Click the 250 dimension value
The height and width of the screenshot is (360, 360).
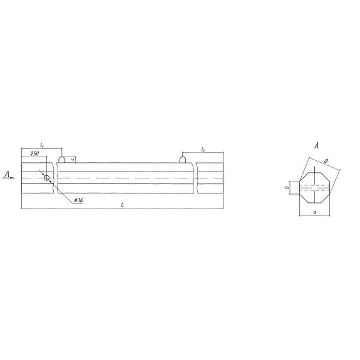tap(34, 153)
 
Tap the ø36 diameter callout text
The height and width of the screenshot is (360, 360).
tap(78, 200)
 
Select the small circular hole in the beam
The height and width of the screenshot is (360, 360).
tap(47, 178)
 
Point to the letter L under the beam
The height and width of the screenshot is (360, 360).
tap(122, 205)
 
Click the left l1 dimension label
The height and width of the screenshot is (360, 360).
tap(42, 145)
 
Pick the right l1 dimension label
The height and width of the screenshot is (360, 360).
tap(203, 150)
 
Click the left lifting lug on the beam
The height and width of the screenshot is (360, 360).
tap(62, 160)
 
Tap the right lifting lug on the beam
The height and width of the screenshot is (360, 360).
tap(183, 160)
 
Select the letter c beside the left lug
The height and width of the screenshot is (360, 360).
tap(73, 159)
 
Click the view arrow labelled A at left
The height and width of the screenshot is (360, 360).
tap(9, 175)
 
